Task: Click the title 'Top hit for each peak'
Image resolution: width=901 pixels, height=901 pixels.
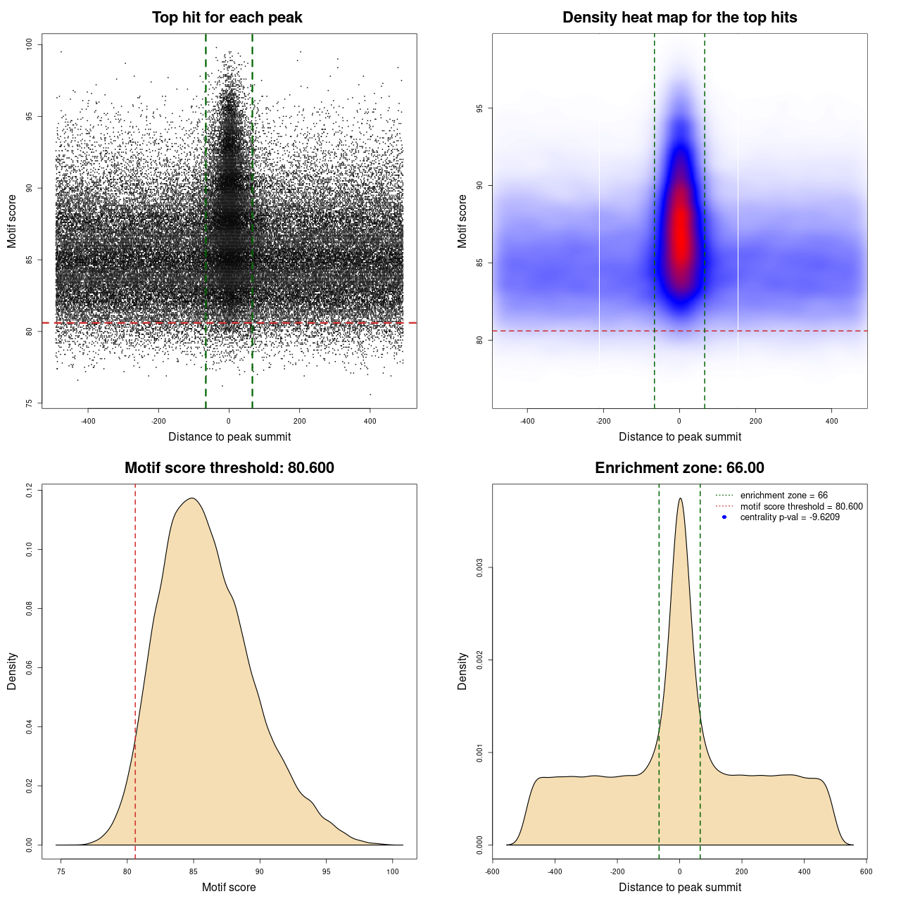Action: click(x=227, y=18)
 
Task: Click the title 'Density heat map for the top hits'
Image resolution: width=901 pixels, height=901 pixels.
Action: click(x=679, y=18)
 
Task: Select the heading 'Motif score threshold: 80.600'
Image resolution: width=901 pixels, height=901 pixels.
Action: click(x=229, y=468)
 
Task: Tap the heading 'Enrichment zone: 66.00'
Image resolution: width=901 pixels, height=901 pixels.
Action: click(x=679, y=468)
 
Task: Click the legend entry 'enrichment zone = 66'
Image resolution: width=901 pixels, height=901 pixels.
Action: click(x=783, y=496)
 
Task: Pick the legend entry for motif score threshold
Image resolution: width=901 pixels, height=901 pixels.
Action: click(x=801, y=507)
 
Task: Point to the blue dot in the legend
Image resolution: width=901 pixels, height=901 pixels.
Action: click(x=724, y=517)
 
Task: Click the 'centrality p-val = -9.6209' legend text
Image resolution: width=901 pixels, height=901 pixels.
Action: click(x=789, y=517)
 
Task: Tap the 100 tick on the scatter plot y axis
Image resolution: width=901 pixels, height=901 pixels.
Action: click(x=30, y=44)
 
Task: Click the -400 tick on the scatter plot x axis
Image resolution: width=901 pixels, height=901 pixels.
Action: click(x=88, y=422)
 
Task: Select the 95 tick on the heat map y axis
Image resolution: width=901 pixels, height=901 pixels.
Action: click(x=479, y=108)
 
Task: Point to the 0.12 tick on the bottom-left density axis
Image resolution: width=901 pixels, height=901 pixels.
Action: click(x=30, y=490)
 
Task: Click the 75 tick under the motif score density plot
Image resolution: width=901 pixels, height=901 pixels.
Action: click(x=61, y=871)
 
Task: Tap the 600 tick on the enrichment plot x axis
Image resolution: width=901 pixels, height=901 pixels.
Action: click(x=866, y=871)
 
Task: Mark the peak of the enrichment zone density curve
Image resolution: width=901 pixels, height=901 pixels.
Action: click(x=680, y=499)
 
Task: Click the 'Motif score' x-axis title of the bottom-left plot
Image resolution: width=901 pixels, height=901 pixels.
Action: click(x=229, y=887)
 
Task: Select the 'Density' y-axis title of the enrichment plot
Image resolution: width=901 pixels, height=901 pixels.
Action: click(x=462, y=671)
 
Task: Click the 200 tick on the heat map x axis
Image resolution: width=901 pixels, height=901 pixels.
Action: click(x=755, y=422)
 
